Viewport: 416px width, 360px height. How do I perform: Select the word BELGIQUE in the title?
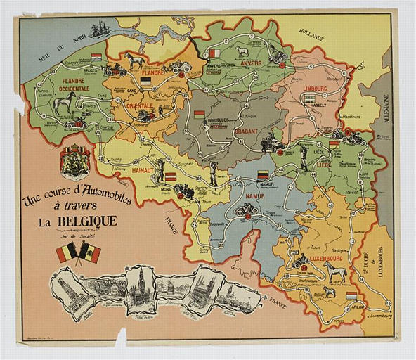coord(86,224)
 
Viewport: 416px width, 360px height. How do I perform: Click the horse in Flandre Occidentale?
coord(63,104)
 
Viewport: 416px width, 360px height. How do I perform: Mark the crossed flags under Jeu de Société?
coord(78,252)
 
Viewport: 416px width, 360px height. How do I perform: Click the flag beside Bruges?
coord(96,58)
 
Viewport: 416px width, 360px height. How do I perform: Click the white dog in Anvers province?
coord(242,51)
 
